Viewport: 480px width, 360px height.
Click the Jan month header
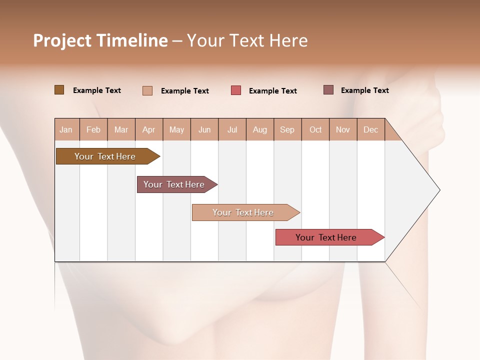pos(66,129)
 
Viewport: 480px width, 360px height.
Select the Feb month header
pos(93,129)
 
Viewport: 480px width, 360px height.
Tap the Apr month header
pos(148,129)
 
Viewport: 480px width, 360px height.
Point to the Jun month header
pos(204,129)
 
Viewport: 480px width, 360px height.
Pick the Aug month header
pos(259,129)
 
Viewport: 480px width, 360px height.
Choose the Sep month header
pos(287,129)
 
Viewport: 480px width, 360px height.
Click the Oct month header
pos(315,129)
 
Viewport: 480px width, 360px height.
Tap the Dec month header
pos(370,129)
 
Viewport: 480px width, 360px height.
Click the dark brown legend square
pos(59,90)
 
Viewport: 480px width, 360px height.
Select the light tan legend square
pos(147,90)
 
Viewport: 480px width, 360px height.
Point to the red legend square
pos(236,90)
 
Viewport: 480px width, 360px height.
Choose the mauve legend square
pos(328,90)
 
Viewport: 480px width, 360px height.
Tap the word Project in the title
pos(62,40)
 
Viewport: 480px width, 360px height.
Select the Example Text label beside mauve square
pos(364,90)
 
